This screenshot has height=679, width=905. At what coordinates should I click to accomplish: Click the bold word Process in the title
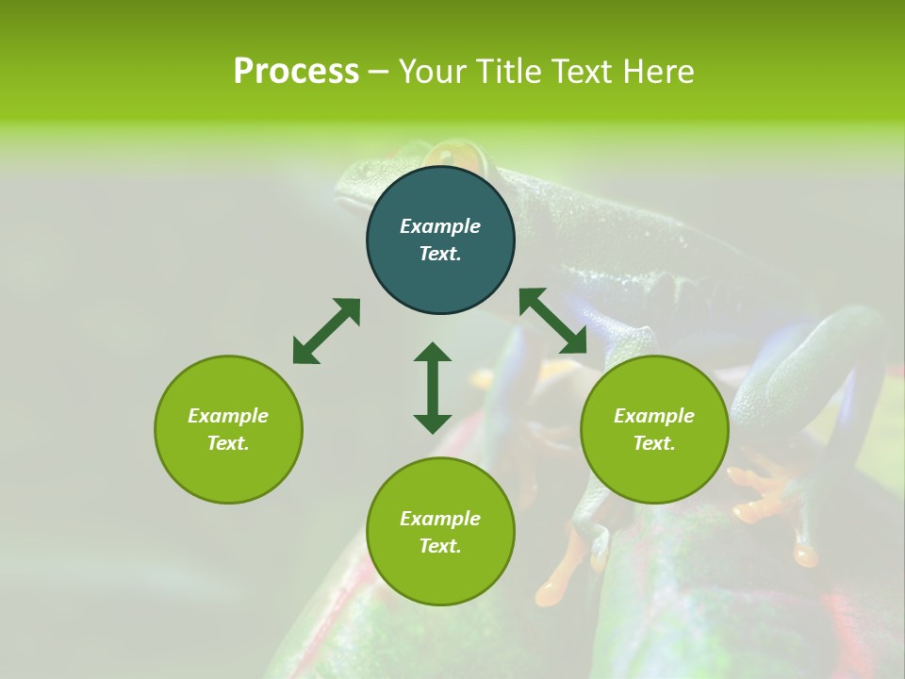pyautogui.click(x=296, y=72)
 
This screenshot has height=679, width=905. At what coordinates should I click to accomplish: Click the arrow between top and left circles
pyautogui.click(x=326, y=331)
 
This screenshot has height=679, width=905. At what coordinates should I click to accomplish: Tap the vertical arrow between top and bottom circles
pyautogui.click(x=433, y=388)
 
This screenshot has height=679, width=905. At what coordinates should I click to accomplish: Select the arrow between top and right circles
pyautogui.click(x=553, y=322)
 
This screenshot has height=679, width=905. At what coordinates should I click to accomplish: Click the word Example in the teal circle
pyautogui.click(x=440, y=226)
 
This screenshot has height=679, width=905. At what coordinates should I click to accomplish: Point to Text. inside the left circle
pyautogui.click(x=228, y=443)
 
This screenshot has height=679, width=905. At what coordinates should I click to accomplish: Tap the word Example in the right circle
pyautogui.click(x=654, y=416)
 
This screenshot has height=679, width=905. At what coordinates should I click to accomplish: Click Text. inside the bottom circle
pyautogui.click(x=440, y=546)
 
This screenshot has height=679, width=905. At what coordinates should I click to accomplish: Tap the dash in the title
pyautogui.click(x=378, y=72)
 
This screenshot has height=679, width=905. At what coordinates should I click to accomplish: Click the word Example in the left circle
pyautogui.click(x=228, y=416)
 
